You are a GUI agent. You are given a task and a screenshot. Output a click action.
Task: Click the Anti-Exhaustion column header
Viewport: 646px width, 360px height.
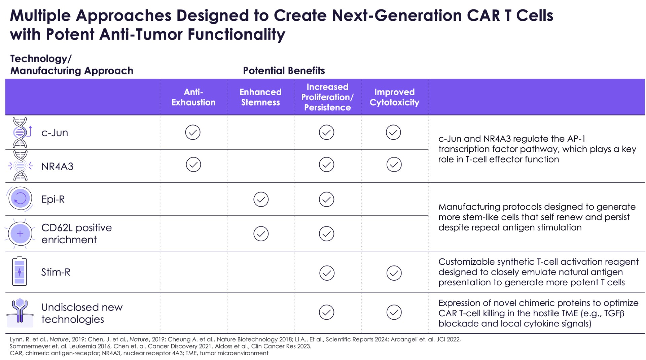[x=193, y=97]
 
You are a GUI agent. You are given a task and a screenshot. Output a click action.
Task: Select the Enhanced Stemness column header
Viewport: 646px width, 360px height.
[x=260, y=97]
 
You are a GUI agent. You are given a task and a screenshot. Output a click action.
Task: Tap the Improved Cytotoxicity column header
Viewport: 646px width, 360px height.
[x=394, y=97]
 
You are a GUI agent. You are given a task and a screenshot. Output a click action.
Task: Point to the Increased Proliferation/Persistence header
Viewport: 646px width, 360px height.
[x=327, y=97]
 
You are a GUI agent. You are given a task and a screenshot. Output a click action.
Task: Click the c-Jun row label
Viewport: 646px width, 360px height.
[x=55, y=133]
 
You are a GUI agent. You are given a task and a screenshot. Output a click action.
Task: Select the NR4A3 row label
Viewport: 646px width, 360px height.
[x=57, y=167]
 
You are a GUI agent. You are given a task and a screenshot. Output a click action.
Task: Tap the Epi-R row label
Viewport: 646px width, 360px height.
[x=53, y=200]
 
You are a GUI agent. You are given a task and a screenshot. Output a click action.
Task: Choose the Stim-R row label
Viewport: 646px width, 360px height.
[x=56, y=272]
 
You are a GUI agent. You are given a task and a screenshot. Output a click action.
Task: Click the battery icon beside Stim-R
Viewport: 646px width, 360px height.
[x=20, y=272]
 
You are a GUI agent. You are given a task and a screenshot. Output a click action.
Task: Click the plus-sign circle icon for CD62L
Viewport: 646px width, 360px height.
[x=20, y=233]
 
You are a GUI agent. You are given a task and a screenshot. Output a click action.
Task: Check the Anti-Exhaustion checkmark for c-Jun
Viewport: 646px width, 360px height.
[x=193, y=132]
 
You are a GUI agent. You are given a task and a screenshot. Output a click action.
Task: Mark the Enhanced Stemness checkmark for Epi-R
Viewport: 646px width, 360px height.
[x=261, y=200]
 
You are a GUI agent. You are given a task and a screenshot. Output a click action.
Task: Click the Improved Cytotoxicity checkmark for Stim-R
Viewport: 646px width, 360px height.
[x=394, y=273]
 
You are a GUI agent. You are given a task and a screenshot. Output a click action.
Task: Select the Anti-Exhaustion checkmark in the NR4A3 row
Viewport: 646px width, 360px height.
[x=193, y=165]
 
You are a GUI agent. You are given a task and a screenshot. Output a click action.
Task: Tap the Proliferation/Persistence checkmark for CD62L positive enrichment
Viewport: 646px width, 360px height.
[x=326, y=234]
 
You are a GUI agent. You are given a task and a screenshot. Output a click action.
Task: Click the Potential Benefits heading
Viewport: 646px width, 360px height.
[x=284, y=71]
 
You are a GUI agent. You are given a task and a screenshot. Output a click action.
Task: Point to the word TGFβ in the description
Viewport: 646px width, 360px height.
[x=614, y=314]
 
